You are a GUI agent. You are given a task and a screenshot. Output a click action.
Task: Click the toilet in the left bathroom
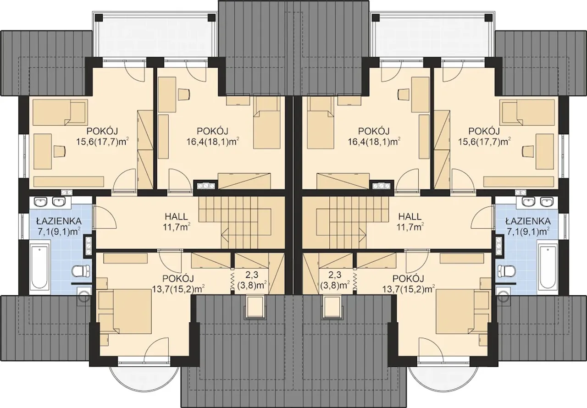click(x=81, y=271)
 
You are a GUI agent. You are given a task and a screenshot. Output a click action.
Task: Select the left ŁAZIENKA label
click(x=59, y=221)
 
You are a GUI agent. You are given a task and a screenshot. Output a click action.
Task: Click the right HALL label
click(x=410, y=216)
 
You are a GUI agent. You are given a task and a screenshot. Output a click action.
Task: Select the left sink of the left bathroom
click(x=41, y=202)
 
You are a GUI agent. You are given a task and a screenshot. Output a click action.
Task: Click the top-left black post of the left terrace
click(x=99, y=18)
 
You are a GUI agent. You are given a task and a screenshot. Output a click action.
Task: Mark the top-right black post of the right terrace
click(x=488, y=18)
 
